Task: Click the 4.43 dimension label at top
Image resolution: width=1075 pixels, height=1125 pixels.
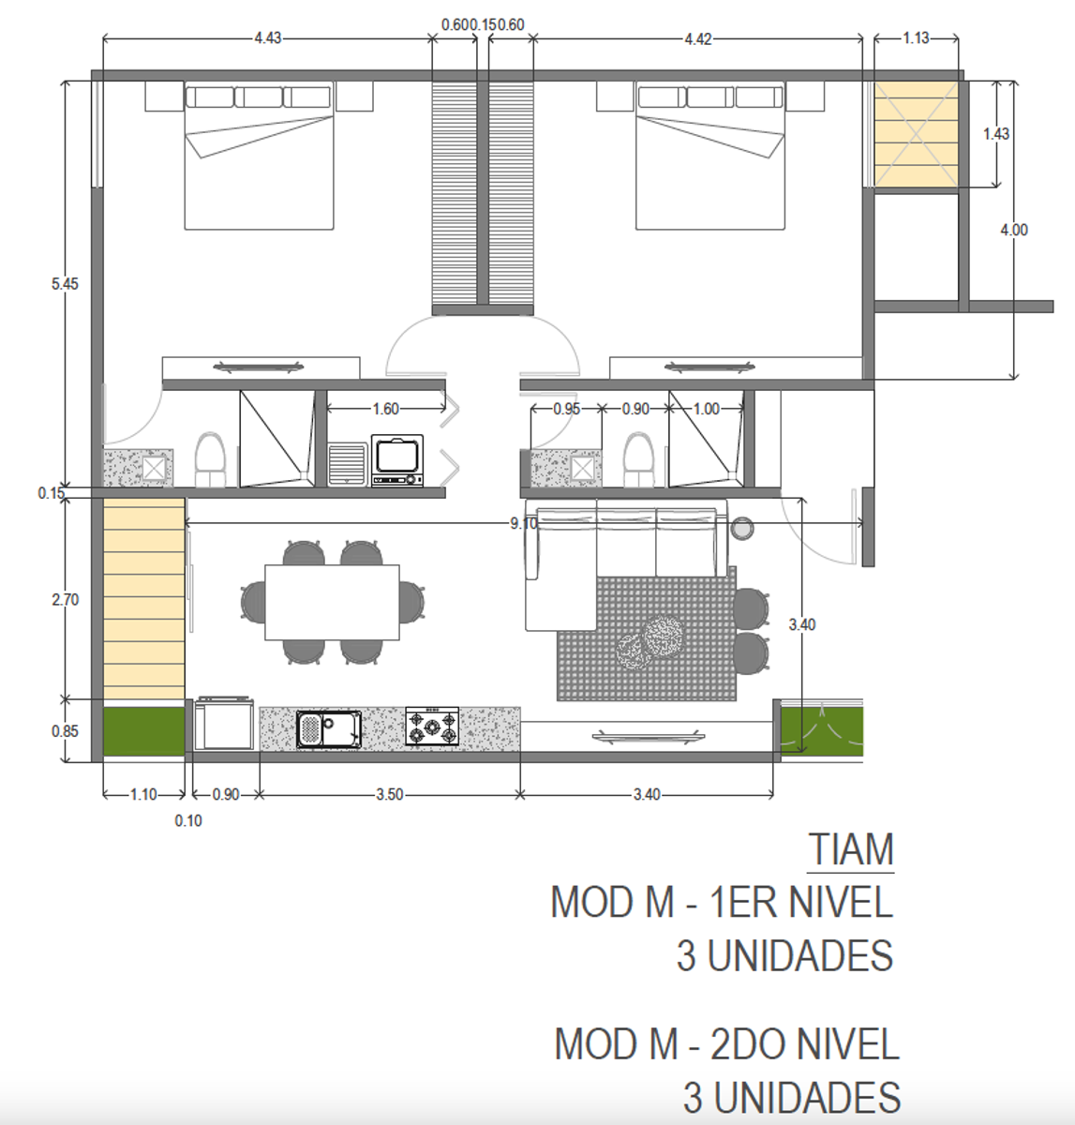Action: point(268,38)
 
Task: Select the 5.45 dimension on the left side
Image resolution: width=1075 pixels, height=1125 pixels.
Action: point(65,284)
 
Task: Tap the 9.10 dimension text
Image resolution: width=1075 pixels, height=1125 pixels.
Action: point(524,524)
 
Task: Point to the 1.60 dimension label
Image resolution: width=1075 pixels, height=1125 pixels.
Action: point(385,410)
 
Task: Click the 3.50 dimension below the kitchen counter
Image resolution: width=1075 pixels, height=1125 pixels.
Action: point(390,794)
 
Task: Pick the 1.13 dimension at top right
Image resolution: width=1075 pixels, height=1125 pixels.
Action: point(916,38)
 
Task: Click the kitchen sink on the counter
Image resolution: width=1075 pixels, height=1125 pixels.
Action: point(329,729)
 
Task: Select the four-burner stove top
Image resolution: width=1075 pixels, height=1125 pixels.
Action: point(432,727)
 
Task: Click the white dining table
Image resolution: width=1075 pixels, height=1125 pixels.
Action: point(332,603)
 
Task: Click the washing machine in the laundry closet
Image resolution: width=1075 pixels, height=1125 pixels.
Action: point(397,460)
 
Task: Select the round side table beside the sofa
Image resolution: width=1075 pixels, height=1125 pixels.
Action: point(742,529)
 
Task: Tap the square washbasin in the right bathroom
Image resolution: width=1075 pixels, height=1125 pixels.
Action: point(583,469)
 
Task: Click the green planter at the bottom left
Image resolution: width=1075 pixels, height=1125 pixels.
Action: point(144,731)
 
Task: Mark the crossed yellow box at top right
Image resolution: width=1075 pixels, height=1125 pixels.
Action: point(916,134)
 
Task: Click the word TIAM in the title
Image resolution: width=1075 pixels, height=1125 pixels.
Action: point(851,849)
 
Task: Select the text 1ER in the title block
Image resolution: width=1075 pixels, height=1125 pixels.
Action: point(742,903)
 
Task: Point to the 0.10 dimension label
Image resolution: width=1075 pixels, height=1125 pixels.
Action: point(188,821)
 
